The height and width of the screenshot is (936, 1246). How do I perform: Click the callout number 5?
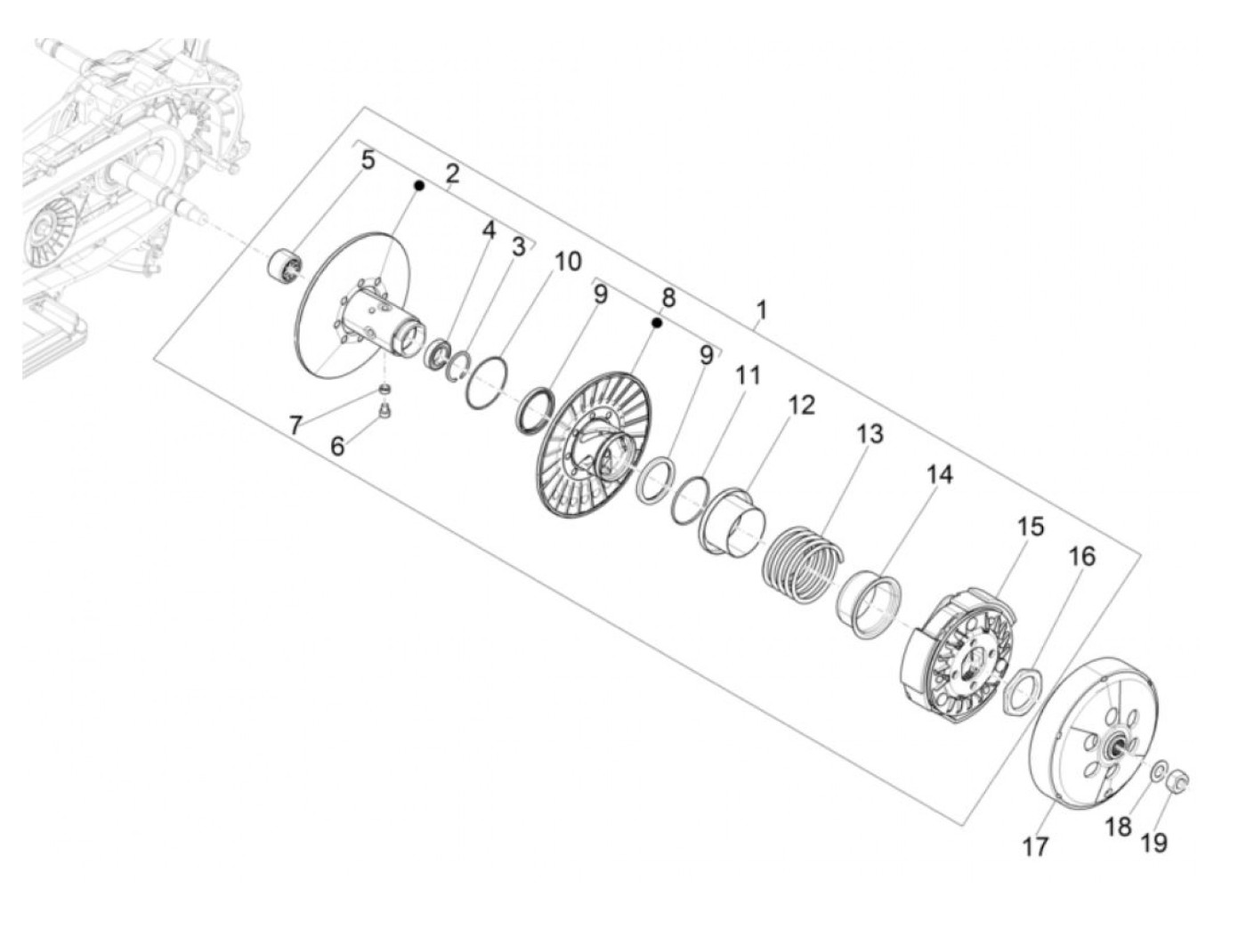[x=368, y=159]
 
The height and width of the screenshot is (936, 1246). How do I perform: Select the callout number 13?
[x=870, y=434]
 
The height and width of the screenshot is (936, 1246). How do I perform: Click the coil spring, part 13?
[x=802, y=564]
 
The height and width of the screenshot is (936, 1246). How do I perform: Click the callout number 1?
[x=762, y=311]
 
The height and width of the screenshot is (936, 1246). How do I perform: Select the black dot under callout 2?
[x=419, y=185]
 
